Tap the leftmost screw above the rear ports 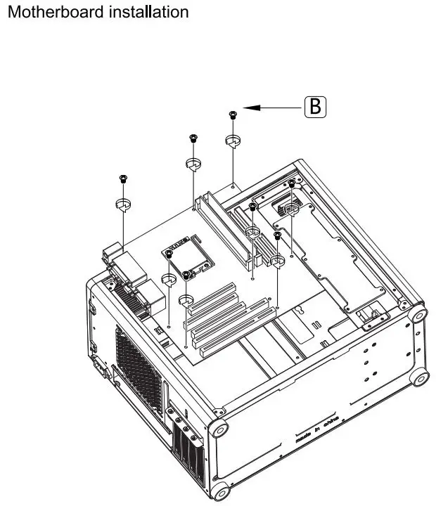coord(123,179)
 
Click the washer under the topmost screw coord(233,141)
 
